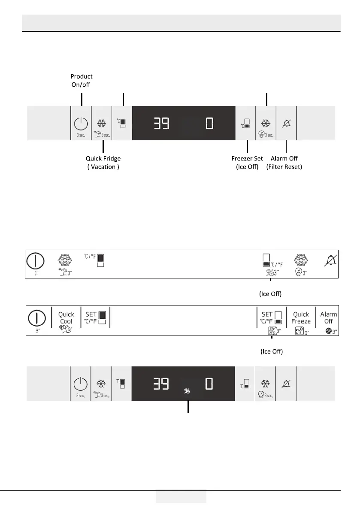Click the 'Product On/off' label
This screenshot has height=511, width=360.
(x=82, y=80)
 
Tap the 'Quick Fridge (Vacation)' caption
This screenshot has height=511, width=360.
(x=103, y=162)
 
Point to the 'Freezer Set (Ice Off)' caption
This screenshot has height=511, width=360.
(x=247, y=162)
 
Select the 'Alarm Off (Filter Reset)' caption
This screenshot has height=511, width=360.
(x=284, y=162)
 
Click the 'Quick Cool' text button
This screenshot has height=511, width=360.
(x=66, y=317)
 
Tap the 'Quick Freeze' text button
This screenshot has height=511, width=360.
(x=301, y=317)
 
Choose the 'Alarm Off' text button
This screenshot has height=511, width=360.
(x=329, y=317)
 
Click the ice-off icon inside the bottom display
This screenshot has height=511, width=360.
(x=188, y=390)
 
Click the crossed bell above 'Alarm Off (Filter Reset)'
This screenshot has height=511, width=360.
(x=286, y=124)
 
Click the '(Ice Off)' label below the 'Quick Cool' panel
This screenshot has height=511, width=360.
(x=272, y=351)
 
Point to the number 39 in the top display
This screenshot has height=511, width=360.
(x=161, y=124)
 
